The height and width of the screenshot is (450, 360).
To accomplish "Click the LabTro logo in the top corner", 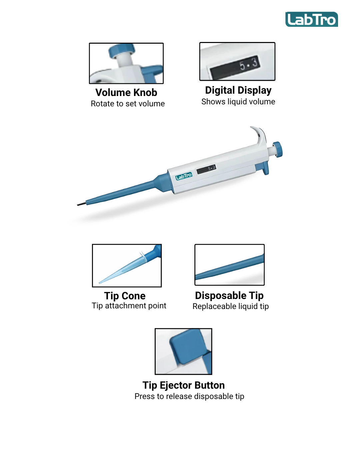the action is click(x=311, y=19).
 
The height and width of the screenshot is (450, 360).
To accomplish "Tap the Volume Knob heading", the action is click(x=126, y=92).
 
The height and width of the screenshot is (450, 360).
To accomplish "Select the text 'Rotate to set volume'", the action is click(x=128, y=104).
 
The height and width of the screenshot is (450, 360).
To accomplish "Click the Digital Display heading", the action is click(x=238, y=90).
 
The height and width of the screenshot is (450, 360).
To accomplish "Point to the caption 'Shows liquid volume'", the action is click(x=238, y=102).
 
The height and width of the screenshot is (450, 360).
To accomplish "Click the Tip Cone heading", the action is click(x=125, y=296).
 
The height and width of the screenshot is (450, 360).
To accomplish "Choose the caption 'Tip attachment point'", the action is click(x=129, y=306).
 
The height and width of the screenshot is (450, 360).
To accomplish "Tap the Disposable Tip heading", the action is click(x=229, y=296).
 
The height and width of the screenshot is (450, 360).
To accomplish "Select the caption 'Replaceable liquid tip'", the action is click(x=231, y=306).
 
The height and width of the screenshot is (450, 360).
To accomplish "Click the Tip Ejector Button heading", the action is click(x=183, y=385).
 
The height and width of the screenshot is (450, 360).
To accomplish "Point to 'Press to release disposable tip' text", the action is click(x=189, y=396).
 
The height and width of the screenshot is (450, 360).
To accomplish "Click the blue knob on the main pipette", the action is click(x=278, y=149).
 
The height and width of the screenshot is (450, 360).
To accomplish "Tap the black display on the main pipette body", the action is click(x=206, y=169).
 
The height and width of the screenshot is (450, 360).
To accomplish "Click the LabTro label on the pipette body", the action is click(x=184, y=176).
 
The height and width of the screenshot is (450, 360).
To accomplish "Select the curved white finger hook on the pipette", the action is click(x=259, y=136).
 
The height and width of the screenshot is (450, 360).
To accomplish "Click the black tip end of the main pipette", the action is click(x=81, y=204).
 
